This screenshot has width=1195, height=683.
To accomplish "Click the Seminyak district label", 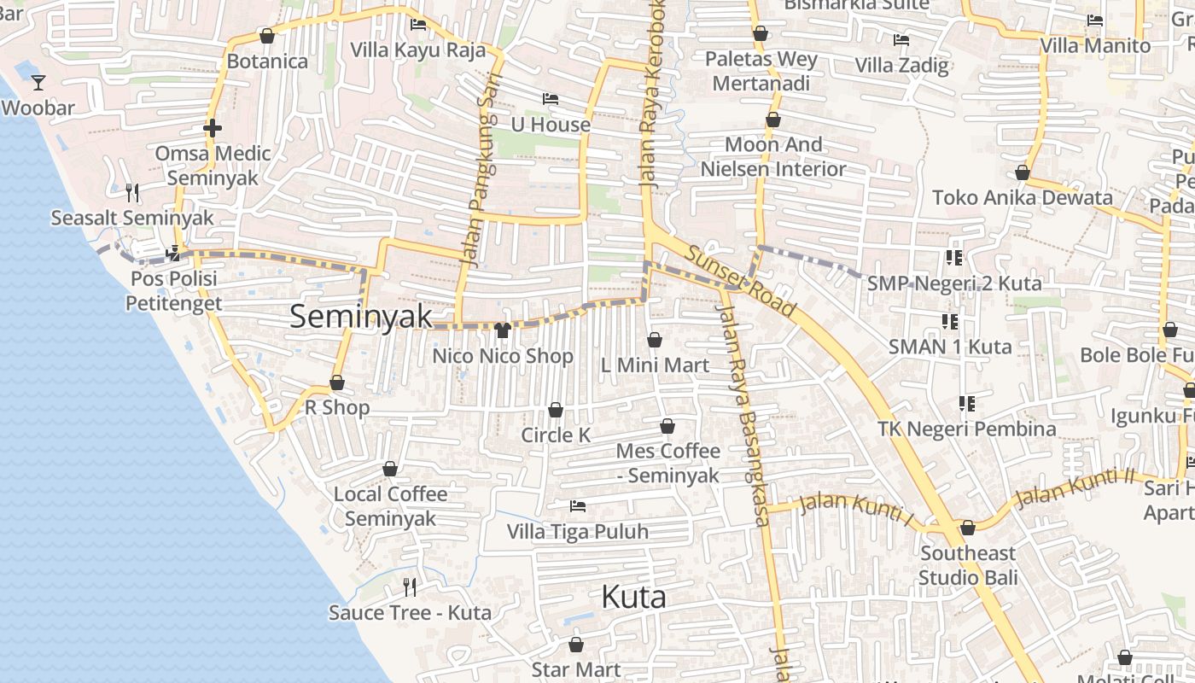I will click(361, 316).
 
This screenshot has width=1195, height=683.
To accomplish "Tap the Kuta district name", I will click(633, 597).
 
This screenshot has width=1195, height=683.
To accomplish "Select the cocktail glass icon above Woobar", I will click(38, 83).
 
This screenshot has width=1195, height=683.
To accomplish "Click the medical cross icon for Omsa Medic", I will click(213, 128).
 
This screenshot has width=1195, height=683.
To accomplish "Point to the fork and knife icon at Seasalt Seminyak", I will click(132, 193).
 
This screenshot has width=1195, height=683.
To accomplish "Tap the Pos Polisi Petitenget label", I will click(173, 291).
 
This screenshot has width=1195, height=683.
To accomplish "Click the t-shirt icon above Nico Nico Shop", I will click(502, 330).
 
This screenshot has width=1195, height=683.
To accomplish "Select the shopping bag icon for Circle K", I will click(556, 410).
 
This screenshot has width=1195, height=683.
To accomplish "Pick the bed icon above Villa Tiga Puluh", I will click(578, 506).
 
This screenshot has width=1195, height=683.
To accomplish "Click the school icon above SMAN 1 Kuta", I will click(950, 322).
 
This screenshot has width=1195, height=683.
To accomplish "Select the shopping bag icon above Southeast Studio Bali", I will click(967, 528).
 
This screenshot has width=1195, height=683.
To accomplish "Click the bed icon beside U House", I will click(551, 100).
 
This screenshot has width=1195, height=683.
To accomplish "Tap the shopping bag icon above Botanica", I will click(267, 36).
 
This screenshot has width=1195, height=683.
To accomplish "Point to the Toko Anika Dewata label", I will click(1022, 198).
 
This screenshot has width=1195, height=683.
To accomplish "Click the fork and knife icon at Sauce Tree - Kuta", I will click(410, 587).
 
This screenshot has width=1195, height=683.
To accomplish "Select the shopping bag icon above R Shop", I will click(337, 383).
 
